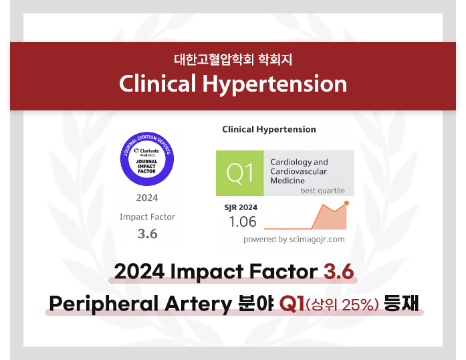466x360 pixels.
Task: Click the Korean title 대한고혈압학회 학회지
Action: (x=233, y=60)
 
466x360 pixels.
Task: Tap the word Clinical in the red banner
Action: (x=158, y=83)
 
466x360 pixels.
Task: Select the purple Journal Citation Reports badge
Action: (x=147, y=159)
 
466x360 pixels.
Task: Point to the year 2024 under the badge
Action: (x=147, y=197)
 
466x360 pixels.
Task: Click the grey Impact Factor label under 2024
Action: (x=147, y=217)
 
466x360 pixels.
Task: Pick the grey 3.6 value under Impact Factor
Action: (x=147, y=234)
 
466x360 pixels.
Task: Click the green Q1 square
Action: (x=240, y=173)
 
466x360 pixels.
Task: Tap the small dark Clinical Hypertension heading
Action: (x=269, y=129)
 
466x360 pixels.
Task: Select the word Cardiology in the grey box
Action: (x=291, y=162)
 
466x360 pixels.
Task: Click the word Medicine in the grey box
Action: (x=287, y=181)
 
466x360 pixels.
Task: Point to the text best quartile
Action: (x=323, y=191)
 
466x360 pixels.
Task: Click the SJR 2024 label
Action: (x=241, y=207)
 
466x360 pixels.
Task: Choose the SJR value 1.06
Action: (x=243, y=221)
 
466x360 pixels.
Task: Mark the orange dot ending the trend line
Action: (x=346, y=203)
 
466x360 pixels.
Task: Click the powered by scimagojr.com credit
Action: (x=294, y=240)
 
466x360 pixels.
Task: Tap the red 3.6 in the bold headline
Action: (x=339, y=272)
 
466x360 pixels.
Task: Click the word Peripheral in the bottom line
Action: (x=104, y=304)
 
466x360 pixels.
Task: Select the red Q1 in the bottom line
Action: (x=292, y=304)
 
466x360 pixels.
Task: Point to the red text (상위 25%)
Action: (x=342, y=304)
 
